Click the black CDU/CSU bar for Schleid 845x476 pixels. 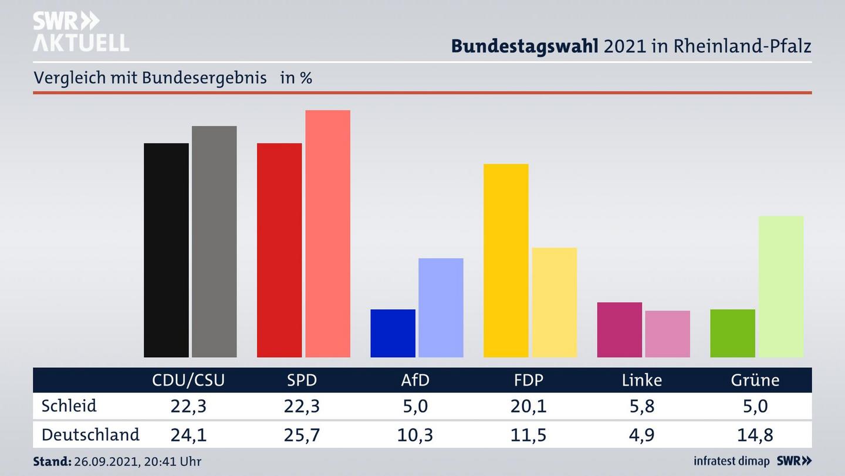(166, 250)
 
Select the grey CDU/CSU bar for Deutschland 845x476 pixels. (214, 242)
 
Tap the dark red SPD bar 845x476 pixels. (279, 250)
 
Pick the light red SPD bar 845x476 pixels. (327, 233)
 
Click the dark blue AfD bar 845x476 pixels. (393, 333)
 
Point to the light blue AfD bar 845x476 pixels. (441, 307)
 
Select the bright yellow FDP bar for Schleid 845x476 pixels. (506, 260)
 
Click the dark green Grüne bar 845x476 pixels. (732, 333)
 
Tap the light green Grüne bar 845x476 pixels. (780, 286)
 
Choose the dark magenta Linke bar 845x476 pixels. (619, 330)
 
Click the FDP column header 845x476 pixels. (528, 380)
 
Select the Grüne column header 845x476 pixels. (755, 380)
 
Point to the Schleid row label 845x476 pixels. (69, 406)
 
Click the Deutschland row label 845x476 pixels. (90, 435)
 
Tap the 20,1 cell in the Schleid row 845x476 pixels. (528, 406)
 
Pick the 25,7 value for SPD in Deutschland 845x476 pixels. (302, 435)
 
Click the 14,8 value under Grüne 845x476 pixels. (755, 435)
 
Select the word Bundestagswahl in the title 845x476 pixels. (525, 46)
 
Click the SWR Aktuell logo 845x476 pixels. (80, 32)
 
